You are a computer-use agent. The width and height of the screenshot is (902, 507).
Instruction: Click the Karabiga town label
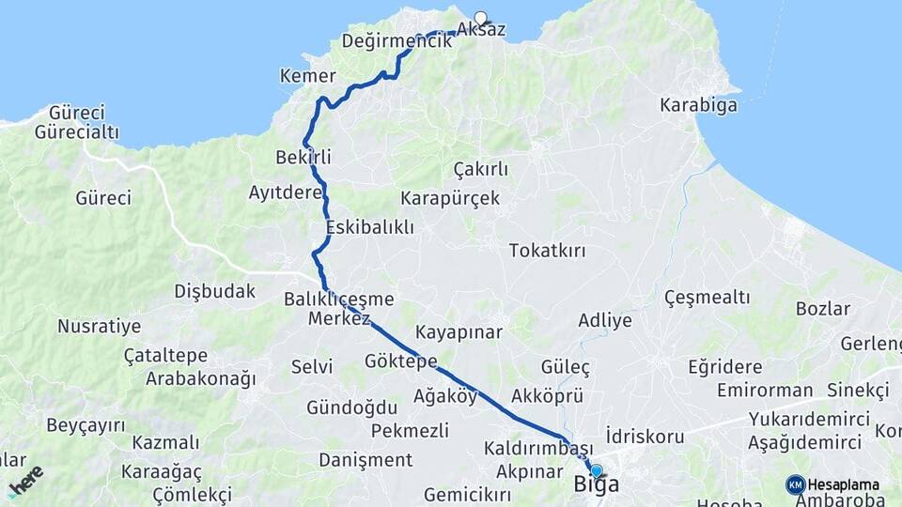pos(698,104)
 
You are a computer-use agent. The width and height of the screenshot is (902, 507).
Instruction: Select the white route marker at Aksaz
pos(481,17)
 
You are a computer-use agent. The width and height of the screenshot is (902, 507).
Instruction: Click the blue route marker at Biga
pos(596,470)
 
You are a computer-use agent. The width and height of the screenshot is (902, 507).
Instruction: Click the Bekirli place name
pos(303,156)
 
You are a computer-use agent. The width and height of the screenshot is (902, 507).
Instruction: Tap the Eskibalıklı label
pos(370,228)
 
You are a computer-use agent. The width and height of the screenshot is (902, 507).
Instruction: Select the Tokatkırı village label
pos(547,251)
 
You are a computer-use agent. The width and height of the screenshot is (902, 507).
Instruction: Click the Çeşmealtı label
pos(707,298)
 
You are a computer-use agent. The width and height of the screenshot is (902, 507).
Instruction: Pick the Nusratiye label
pos(99,327)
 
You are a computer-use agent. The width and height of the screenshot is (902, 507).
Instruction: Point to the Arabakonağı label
pos(200,379)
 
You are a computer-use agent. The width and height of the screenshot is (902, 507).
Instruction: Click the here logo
pos(25,481)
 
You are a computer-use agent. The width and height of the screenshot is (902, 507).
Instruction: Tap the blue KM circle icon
pos(795,484)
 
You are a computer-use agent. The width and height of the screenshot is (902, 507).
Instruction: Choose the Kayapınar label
pos(459,332)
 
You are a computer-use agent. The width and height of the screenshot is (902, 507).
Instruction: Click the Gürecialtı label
pos(77,132)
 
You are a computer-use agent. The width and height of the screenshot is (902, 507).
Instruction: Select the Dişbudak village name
pos(214,291)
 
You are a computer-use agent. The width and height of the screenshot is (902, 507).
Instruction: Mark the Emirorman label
pos(764,390)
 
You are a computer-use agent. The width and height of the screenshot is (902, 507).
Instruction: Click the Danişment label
pos(365,460)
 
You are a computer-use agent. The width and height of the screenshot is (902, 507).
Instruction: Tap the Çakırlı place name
pos(480,169)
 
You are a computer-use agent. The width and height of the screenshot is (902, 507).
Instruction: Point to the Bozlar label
pos(822,309)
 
